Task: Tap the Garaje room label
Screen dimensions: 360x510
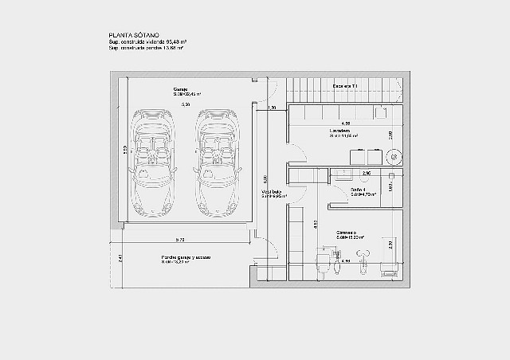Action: click(x=181, y=89)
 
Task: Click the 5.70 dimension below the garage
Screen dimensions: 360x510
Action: click(x=181, y=240)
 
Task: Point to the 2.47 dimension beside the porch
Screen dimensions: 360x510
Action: click(x=120, y=258)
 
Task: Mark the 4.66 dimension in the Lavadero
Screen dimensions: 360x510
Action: click(x=346, y=123)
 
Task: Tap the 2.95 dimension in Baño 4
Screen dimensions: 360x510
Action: click(x=367, y=173)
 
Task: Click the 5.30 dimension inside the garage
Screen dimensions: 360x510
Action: click(x=185, y=104)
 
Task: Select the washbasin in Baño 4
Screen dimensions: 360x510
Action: click(x=345, y=173)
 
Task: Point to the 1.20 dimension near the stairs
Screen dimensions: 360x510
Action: click(x=272, y=108)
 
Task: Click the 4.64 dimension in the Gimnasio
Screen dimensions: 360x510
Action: click(x=346, y=260)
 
